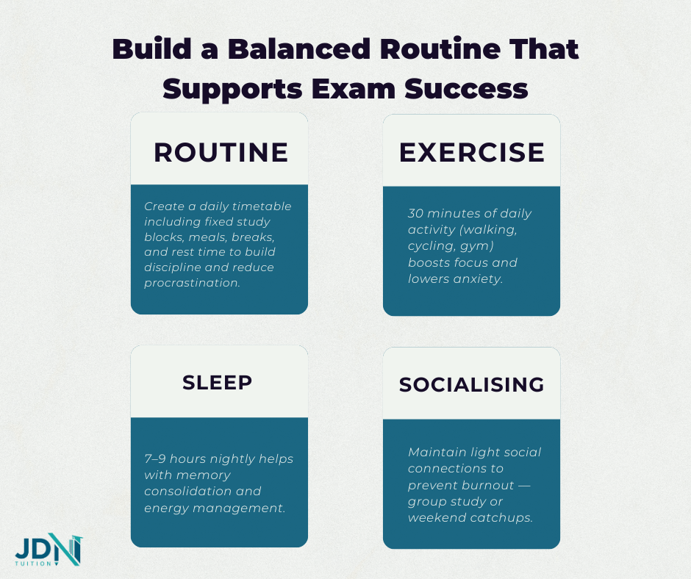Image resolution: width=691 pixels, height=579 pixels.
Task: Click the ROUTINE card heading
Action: tap(221, 152)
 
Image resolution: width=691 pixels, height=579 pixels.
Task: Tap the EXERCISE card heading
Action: tap(472, 152)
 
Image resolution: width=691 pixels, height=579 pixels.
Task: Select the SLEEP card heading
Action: tap(218, 382)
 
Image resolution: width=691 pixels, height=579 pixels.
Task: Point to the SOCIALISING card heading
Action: tap(472, 384)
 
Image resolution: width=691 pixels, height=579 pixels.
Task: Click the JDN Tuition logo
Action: tap(49, 550)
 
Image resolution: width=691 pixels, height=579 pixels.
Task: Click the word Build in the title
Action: tap(148, 50)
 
